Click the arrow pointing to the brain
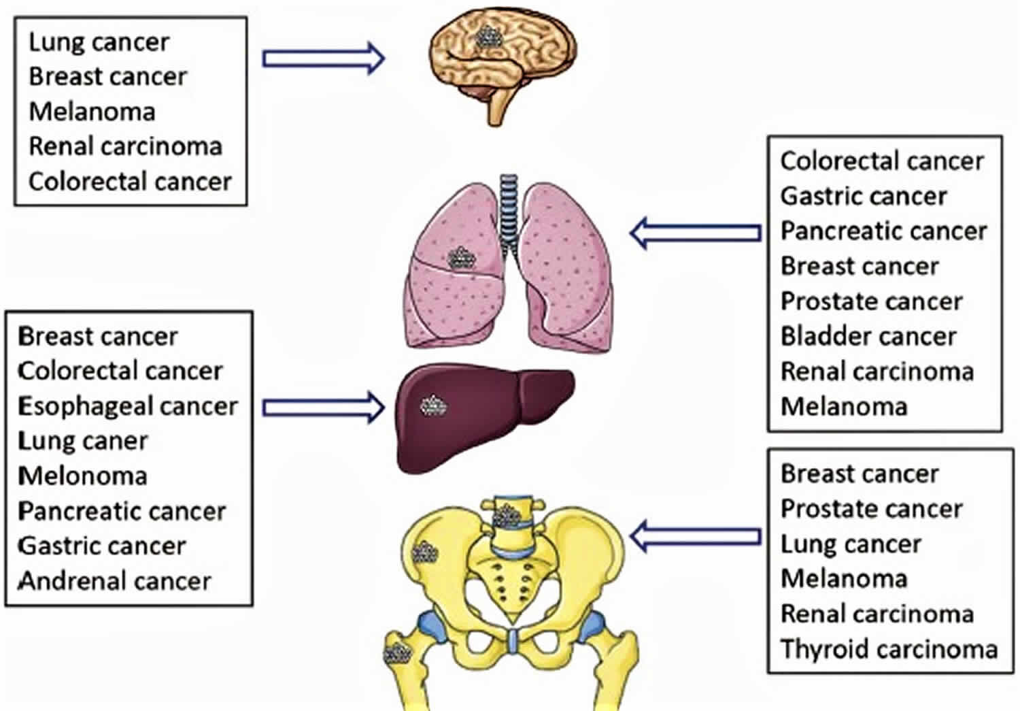click(324, 58)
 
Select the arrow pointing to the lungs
click(695, 233)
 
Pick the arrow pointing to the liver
click(324, 408)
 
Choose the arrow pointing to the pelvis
click(695, 537)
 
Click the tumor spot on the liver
click(433, 406)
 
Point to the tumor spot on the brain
click(488, 37)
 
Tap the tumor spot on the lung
click(461, 259)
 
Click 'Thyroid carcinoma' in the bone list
click(889, 648)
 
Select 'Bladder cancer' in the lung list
click(868, 336)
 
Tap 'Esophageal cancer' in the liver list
click(128, 406)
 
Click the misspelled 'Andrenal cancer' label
click(115, 581)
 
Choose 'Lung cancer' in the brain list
click(99, 42)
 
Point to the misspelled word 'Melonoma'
click(82, 476)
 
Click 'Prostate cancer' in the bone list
click(871, 508)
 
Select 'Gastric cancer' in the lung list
click(863, 196)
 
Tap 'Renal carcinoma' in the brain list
click(125, 146)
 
